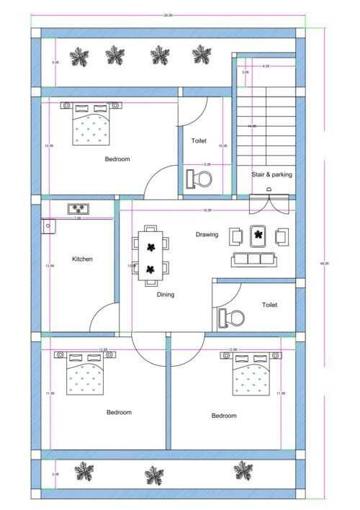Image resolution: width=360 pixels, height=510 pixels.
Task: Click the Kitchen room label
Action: pyautogui.click(x=82, y=259)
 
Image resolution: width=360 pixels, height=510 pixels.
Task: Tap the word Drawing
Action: pyautogui.click(x=207, y=235)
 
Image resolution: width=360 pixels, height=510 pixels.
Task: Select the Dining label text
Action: pyautogui.click(x=166, y=294)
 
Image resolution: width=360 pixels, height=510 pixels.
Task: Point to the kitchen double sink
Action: pyautogui.click(x=78, y=210)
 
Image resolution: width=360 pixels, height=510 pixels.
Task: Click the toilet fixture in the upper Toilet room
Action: pyautogui.click(x=197, y=177)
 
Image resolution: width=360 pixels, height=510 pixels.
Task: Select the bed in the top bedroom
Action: pyautogui.click(x=91, y=123)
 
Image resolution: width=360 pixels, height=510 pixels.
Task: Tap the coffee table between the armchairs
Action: pyautogui.click(x=258, y=235)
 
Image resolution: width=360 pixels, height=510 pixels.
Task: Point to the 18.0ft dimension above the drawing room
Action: pyautogui.click(x=207, y=210)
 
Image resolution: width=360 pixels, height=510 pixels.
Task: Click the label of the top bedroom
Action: pyautogui.click(x=117, y=159)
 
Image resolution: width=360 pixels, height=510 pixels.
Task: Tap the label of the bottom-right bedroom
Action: pyautogui.click(x=224, y=416)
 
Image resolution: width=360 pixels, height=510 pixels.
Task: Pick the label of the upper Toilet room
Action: pyautogui.click(x=199, y=141)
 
